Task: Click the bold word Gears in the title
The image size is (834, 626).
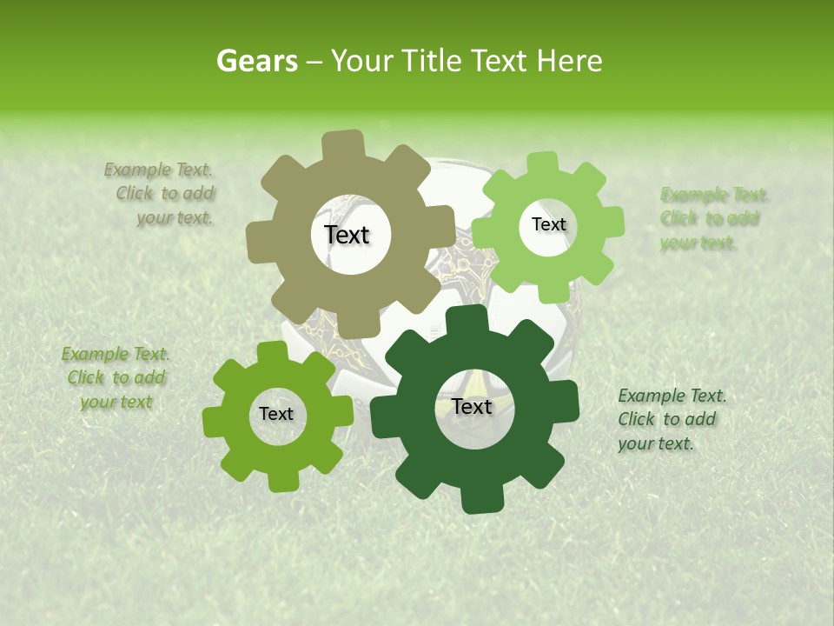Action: (256, 61)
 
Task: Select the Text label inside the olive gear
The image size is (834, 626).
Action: (347, 235)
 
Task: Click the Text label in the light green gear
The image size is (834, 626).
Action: (548, 224)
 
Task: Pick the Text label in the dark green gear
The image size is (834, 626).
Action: (472, 406)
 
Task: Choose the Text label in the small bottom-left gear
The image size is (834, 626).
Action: (276, 414)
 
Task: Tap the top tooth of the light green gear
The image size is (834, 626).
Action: (542, 163)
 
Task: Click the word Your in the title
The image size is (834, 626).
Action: (359, 61)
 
